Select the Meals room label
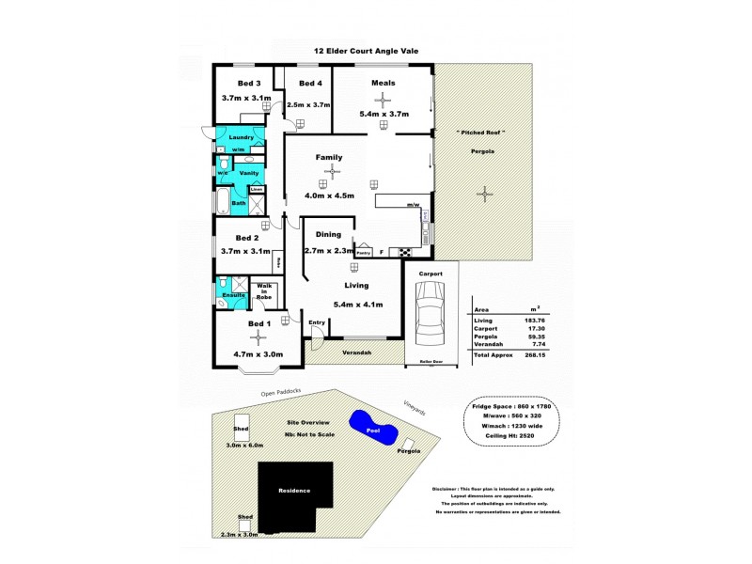pyautogui.click(x=383, y=83)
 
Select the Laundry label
pyautogui.click(x=242, y=137)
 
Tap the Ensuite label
pyautogui.click(x=233, y=295)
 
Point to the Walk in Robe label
pyautogui.click(x=263, y=290)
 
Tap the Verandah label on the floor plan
pyautogui.click(x=357, y=352)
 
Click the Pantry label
pyautogui.click(x=363, y=252)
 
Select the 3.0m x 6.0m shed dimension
pyautogui.click(x=245, y=445)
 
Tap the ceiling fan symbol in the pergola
pyautogui.click(x=485, y=195)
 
